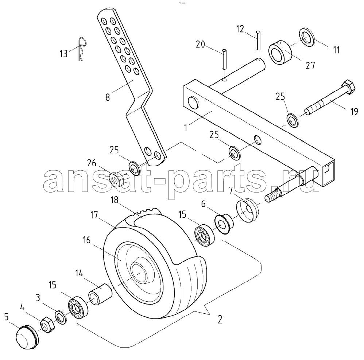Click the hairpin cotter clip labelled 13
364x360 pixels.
81,49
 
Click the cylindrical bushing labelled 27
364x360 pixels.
280,53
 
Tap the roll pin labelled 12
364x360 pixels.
258,40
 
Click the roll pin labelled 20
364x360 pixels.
224,59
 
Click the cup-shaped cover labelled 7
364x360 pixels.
247,210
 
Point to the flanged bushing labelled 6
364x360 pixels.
224,224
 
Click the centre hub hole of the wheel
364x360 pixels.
139,272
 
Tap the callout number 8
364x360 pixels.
108,97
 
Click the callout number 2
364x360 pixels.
220,320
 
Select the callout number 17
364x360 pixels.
94,215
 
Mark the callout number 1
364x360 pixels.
186,128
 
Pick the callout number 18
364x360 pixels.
115,200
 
